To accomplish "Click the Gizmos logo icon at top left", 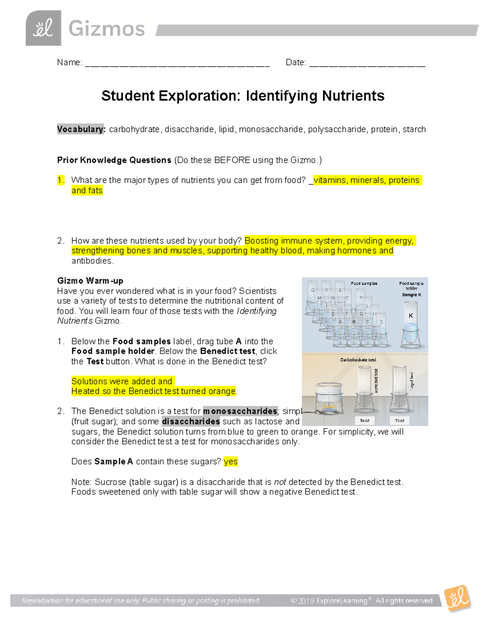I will (43, 28).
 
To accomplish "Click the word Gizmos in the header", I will (107, 29).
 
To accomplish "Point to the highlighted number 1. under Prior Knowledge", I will (61, 180).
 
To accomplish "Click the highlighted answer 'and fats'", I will (87, 190).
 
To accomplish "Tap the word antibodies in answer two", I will (92, 261).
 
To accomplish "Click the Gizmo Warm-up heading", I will (90, 281).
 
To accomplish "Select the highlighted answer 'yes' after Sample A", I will (230, 462).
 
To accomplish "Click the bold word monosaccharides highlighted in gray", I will (240, 412).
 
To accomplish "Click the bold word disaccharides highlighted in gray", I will (191, 422).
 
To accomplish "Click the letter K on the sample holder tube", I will (411, 316).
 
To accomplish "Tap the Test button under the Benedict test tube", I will (364, 420).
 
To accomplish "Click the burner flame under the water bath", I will (328, 408).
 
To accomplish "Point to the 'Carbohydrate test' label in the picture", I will (358, 360).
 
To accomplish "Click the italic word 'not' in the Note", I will (280, 482).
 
